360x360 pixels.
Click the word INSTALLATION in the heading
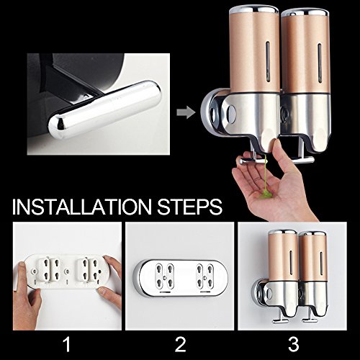(82, 207)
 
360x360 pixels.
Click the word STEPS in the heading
(189, 207)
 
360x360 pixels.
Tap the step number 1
(67, 344)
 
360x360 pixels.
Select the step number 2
(180, 344)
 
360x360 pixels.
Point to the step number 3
(293, 344)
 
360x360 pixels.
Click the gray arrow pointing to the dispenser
(186, 112)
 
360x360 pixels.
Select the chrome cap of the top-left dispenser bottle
(254, 9)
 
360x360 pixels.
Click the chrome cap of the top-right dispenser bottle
(305, 12)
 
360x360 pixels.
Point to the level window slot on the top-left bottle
(268, 61)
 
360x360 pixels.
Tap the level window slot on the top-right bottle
(320, 63)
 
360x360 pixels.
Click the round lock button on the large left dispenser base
(231, 112)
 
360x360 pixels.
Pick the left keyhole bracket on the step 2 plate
(165, 276)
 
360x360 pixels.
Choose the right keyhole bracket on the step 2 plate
(205, 276)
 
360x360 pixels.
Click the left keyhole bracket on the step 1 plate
(49, 269)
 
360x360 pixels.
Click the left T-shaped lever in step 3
(279, 317)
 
